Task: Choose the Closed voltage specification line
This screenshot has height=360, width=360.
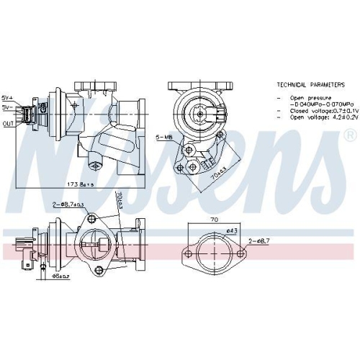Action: click(x=314, y=112)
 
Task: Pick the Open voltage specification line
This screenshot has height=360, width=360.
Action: click(x=314, y=119)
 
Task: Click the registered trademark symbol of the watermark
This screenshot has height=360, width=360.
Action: click(x=349, y=135)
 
